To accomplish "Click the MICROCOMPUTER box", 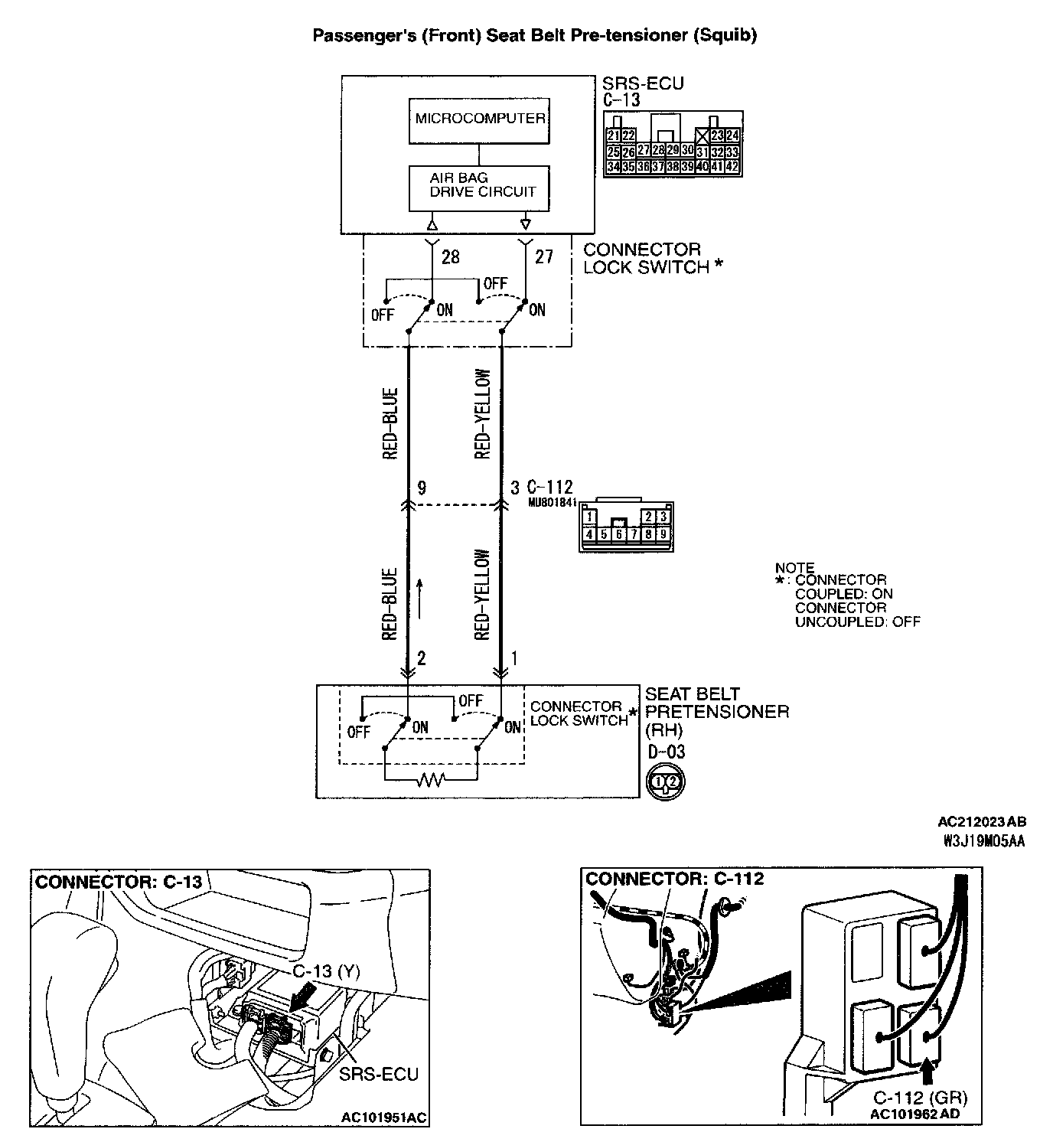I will [480, 119].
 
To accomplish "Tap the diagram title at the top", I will [534, 35].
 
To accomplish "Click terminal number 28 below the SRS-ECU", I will [451, 257].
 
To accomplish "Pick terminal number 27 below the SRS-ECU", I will [543, 256].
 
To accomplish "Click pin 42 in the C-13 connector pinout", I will [732, 166].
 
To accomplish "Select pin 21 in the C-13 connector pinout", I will [613, 135].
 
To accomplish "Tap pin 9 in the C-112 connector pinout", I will [662, 534].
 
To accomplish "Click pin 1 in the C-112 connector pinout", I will [590, 517].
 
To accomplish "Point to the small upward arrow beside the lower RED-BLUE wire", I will [419, 598].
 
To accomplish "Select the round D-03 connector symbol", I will [667, 781].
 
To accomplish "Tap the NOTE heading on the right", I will [794, 568].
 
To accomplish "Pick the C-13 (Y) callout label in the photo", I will [327, 971].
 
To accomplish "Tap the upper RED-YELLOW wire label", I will [482, 413].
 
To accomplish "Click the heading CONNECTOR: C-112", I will [674, 878].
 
